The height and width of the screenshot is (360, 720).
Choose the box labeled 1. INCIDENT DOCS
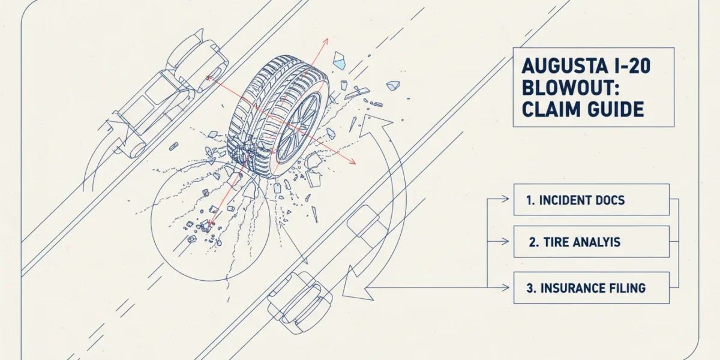[x=592, y=200]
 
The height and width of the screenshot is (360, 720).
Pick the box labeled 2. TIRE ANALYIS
[x=592, y=242]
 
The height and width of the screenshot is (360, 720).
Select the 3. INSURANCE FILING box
[x=592, y=287]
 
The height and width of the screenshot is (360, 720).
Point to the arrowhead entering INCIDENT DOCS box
[x=505, y=199]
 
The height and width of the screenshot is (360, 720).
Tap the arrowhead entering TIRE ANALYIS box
[x=505, y=241]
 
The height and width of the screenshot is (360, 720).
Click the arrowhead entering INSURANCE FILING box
[x=505, y=287]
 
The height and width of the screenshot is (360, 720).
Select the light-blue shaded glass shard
[x=339, y=61]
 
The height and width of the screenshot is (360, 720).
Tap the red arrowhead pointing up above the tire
[x=326, y=41]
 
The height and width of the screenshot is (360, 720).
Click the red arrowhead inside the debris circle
[x=211, y=223]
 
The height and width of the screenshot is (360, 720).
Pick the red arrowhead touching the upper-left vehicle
[x=209, y=78]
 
